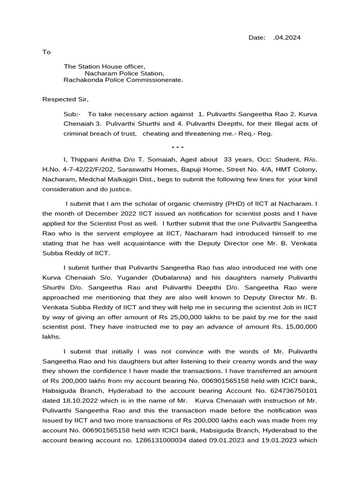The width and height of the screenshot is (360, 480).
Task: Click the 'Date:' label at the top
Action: pos(257,37)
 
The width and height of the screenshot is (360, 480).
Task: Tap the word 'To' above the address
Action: pos(46,52)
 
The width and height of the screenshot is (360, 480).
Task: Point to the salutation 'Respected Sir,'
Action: pos(65,99)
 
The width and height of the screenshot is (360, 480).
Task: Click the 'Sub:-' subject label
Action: pos(72,114)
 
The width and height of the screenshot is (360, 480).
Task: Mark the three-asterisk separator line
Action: pos(180,148)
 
